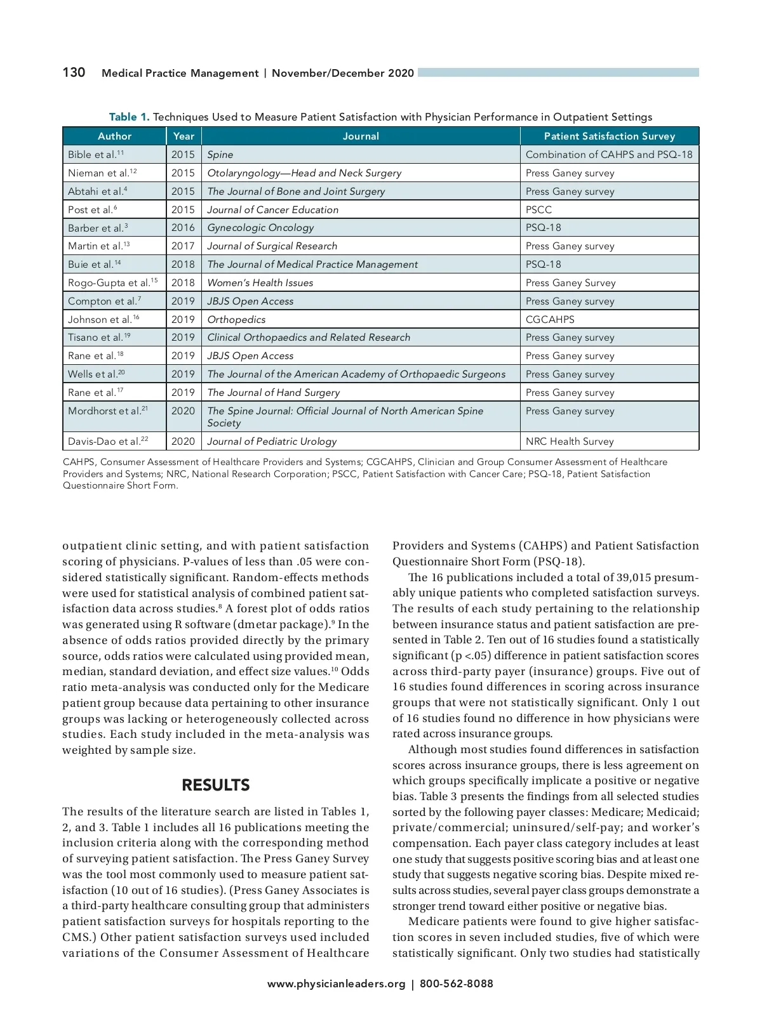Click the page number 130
(74, 72)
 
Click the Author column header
(114, 136)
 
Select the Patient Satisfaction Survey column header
(609, 136)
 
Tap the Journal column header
(361, 136)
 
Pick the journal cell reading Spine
(220, 154)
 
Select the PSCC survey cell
(538, 209)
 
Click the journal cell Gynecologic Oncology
(260, 227)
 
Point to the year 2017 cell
(183, 246)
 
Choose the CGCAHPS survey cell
(550, 319)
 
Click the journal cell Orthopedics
(236, 319)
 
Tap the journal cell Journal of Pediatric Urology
(272, 441)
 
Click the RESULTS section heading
(216, 785)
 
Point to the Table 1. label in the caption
(129, 117)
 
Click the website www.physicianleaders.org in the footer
(336, 983)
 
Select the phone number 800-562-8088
(456, 983)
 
